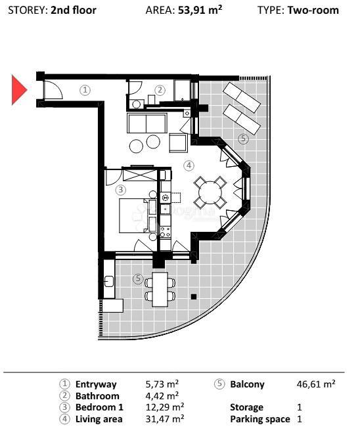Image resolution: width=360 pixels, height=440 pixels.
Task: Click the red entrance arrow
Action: tap(18, 90)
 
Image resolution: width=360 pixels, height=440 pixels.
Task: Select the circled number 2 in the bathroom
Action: tap(160, 90)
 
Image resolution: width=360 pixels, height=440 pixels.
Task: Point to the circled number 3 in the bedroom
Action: tap(120, 190)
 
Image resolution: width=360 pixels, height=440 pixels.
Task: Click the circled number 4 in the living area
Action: tap(189, 165)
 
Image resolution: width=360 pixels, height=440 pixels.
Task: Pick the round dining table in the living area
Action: tap(210, 192)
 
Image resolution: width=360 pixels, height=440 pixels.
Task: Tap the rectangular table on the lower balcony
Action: tap(160, 289)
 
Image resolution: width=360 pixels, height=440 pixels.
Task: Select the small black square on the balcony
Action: tap(194, 297)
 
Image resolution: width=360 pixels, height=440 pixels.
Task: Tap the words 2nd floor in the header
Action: tap(73, 10)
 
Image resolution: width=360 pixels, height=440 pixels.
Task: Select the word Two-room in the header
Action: tap(313, 10)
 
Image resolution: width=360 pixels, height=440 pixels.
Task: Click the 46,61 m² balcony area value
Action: tap(317, 384)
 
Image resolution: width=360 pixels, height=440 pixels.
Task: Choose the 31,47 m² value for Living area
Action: tap(164, 418)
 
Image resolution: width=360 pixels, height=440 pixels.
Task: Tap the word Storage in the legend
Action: tap(247, 407)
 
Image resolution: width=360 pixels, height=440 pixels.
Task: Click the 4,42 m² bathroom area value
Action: tap(162, 396)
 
